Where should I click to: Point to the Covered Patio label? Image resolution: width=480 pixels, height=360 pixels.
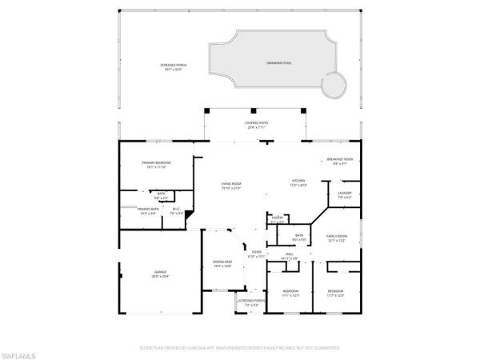pos(256,125)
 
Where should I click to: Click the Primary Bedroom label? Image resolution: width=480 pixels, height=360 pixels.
pos(156,165)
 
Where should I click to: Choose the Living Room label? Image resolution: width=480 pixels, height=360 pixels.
pos(231,186)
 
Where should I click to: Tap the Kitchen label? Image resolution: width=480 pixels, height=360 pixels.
pos(299,182)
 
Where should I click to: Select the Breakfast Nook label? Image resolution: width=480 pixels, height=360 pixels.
pos(339,161)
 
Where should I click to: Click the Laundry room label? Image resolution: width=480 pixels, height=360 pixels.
pos(345,194)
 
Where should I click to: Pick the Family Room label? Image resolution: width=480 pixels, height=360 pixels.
pos(336,238)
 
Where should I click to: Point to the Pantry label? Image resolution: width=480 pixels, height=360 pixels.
pos(278,218)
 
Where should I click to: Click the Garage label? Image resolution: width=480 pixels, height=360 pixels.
pos(160,274)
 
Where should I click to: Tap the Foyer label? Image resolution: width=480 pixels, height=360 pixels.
pos(256,254)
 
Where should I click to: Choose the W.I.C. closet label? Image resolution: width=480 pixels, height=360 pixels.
pos(176,210)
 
